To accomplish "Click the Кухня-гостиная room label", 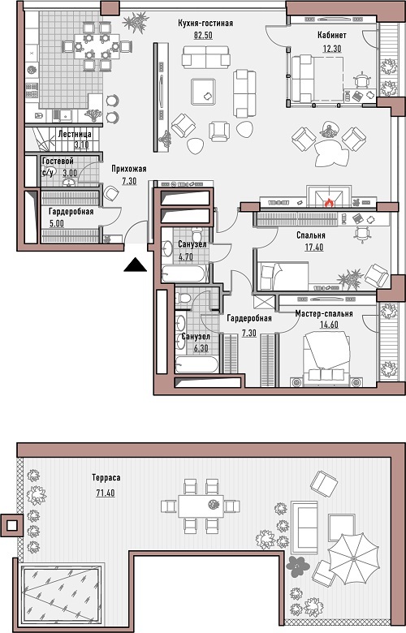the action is coord(205,24).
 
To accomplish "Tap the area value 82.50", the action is coord(203,35).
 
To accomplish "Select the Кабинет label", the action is coord(332,36).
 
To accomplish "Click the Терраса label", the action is coord(106,478).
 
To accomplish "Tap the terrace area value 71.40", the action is coord(106,493).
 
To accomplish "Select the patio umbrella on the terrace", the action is coord(353,559).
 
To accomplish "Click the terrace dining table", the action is coord(201,506).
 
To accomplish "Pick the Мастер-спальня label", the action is coord(324,314).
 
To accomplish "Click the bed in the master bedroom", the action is coord(326,357).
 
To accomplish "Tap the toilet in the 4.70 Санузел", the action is coord(197,235).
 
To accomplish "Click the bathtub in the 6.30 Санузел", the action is coord(197,364).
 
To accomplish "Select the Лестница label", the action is coord(75,134).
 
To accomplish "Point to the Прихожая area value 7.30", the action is coord(129,181).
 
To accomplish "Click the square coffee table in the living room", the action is coord(205,92).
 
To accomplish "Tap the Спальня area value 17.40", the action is coord(314,247).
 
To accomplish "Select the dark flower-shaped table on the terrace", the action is coord(297,566).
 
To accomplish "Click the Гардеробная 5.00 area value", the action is coord(57,223).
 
